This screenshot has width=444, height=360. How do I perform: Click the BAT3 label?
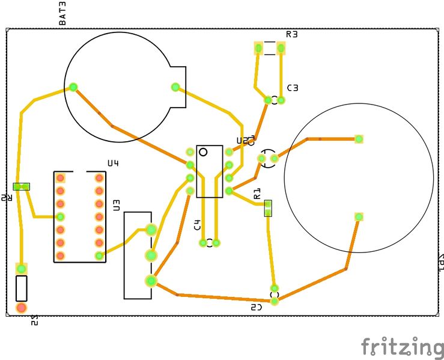(x=62, y=14)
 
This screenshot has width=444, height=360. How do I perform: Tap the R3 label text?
(x=292, y=34)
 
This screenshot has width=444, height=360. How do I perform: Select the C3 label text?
(x=293, y=88)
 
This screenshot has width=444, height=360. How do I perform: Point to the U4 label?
(x=113, y=163)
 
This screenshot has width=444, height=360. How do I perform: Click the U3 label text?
(x=117, y=205)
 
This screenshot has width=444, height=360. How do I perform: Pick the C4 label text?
(x=197, y=225)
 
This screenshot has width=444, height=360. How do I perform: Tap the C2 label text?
(x=257, y=307)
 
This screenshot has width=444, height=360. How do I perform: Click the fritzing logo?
(x=402, y=347)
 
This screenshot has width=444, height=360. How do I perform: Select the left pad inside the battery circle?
(x=73, y=87)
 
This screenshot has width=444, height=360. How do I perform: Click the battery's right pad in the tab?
(x=175, y=87)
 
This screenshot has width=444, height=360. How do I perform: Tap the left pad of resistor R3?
(x=258, y=48)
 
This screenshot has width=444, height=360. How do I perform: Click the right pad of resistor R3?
(x=281, y=48)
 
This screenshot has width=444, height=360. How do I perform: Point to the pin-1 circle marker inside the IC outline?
(x=203, y=151)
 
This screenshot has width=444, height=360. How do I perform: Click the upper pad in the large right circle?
(x=359, y=139)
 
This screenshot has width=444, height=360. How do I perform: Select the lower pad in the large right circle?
(x=359, y=216)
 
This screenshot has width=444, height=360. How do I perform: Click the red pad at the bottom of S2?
(x=22, y=308)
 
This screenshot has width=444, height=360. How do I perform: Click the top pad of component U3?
(x=151, y=229)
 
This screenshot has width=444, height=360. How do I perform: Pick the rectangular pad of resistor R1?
(x=268, y=208)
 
